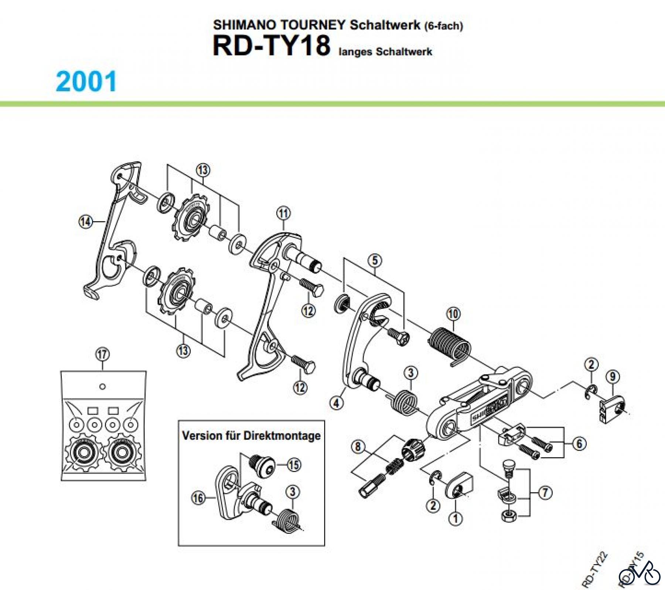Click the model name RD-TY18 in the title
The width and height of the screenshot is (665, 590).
[x=271, y=46]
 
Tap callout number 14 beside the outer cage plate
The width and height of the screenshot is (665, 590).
[x=85, y=222]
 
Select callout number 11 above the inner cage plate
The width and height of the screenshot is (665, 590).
[x=283, y=213]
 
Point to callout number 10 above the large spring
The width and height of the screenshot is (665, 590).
[x=453, y=314]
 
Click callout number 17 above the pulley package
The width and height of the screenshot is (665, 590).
[x=102, y=354]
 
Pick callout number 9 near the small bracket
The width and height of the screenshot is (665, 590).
[x=613, y=377]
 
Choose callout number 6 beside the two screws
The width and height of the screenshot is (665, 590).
[x=579, y=444]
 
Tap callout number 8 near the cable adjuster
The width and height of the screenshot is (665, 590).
[x=358, y=447]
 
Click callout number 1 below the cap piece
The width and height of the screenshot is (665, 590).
[x=456, y=518]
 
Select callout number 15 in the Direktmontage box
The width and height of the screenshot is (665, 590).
[x=294, y=465]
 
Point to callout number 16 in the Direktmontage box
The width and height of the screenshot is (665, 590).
[x=198, y=498]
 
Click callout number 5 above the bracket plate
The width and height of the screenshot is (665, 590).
[x=375, y=260]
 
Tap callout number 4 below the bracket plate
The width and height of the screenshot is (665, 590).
[x=336, y=402]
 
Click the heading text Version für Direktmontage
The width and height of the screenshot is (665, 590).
[x=251, y=435]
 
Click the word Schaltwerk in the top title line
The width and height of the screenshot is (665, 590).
[x=385, y=25]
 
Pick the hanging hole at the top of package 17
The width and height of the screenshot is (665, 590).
[x=103, y=387]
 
